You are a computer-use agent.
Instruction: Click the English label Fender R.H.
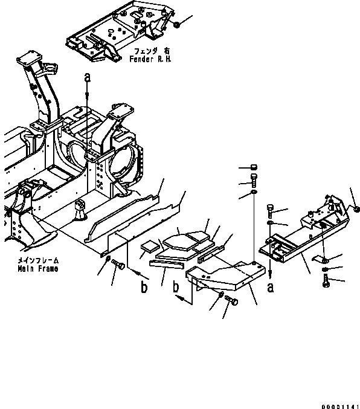click(x=150, y=60)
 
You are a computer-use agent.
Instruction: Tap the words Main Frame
click(x=37, y=269)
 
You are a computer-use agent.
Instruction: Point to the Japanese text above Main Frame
click(x=37, y=261)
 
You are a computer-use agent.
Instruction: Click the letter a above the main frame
click(x=88, y=79)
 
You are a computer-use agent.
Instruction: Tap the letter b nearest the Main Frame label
click(x=144, y=288)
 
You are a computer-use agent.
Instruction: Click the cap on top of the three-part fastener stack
click(x=253, y=168)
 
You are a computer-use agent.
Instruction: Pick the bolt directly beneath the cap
click(x=253, y=179)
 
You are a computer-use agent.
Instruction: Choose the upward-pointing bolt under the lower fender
click(x=327, y=280)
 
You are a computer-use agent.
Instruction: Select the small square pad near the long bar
click(x=149, y=246)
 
